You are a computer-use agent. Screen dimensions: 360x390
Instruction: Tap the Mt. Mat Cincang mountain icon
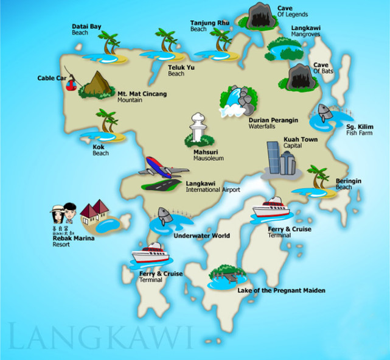pos(96,85)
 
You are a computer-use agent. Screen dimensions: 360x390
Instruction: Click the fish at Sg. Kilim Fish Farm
pos(324,112)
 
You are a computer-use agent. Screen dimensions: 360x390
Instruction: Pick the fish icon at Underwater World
pos(163,216)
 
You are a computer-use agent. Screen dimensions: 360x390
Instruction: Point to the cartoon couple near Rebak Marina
pos(64,214)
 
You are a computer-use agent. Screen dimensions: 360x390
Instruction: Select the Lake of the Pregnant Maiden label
pos(281,291)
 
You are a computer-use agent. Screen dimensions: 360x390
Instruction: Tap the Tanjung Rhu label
pos(209,23)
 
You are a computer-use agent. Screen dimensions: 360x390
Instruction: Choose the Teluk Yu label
pos(179,71)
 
